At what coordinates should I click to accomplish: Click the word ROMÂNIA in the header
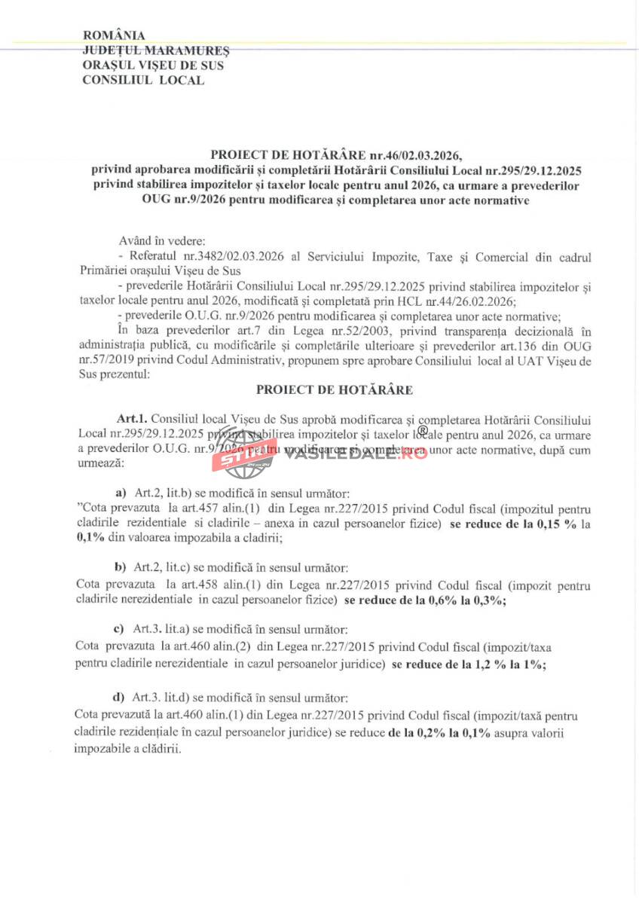click(x=114, y=35)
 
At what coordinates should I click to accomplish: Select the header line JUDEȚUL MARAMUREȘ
click(x=156, y=50)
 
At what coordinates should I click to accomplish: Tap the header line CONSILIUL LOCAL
click(x=143, y=80)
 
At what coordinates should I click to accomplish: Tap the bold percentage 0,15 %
click(x=558, y=523)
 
